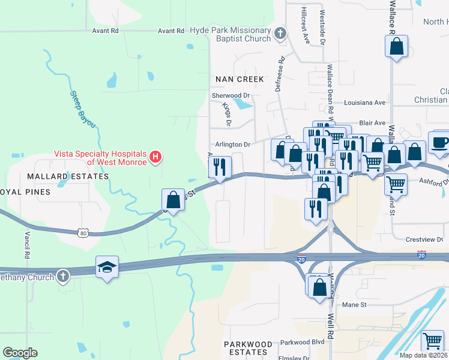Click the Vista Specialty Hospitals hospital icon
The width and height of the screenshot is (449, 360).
pos(156,158)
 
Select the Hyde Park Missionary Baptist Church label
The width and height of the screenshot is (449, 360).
pos(231,34)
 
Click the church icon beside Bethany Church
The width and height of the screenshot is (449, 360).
pos(62,275)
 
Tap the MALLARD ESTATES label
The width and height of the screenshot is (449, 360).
pos(68,176)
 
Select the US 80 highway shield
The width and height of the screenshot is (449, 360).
pos(83,232)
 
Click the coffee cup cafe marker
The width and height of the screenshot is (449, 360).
pos(440,143)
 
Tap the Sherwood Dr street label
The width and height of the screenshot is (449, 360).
pos(230,95)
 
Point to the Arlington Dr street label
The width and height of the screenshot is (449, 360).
pos(232,145)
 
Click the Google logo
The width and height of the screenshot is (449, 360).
pos(20,353)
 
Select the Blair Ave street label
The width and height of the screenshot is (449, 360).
pos(372,122)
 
